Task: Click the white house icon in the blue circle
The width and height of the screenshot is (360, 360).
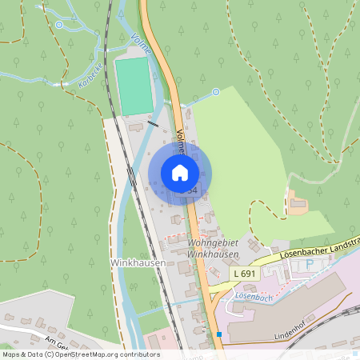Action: click(x=180, y=172)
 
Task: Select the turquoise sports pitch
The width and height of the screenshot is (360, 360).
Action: click(x=133, y=86)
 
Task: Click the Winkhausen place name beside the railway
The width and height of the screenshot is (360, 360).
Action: click(x=138, y=263)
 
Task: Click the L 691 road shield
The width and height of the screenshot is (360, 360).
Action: click(x=246, y=274)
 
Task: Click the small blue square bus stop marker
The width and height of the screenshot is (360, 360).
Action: click(x=218, y=334)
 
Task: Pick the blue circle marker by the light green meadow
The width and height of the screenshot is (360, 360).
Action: click(x=216, y=92)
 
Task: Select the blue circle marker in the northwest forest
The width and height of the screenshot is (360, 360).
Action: click(x=59, y=25)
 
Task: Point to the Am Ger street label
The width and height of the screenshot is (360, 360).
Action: click(x=59, y=342)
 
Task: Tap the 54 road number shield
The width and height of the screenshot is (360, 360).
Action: click(x=192, y=190)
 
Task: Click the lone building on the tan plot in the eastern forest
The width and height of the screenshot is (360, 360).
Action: click(x=298, y=203)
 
